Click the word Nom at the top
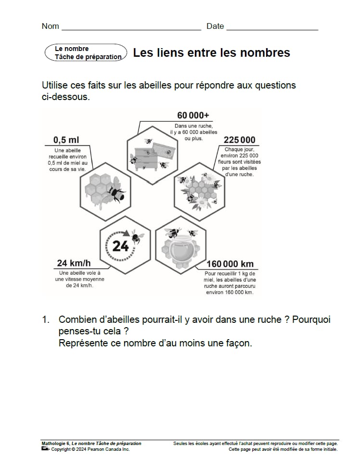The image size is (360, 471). pyautogui.click(x=51, y=26)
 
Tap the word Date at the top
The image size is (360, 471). pyautogui.click(x=215, y=26)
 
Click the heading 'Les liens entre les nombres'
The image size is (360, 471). pyautogui.click(x=211, y=53)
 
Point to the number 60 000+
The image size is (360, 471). pyautogui.click(x=193, y=115)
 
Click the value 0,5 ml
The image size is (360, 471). pyautogui.click(x=66, y=140)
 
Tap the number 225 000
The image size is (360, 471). pyautogui.click(x=239, y=140)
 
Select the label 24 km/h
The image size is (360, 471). pyautogui.click(x=74, y=263)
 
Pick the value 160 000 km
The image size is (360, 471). pyautogui.click(x=230, y=264)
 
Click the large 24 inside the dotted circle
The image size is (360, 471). pyautogui.click(x=120, y=246)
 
